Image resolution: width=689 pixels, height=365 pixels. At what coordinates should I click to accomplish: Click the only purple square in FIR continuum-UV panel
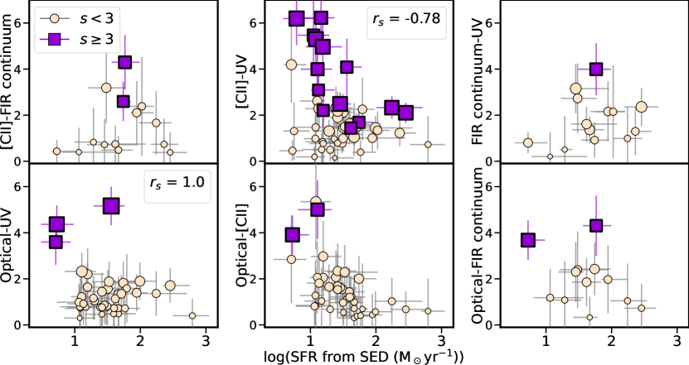595,70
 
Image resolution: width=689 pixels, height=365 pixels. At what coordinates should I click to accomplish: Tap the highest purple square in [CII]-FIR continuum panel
125,62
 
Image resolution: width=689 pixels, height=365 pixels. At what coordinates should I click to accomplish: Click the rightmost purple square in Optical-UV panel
111,206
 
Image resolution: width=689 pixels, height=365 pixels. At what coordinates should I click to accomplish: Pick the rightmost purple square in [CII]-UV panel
405,113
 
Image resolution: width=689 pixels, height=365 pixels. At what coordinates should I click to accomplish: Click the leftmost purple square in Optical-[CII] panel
292,235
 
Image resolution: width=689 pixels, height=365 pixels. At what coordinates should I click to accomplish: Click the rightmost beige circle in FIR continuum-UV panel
641,107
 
